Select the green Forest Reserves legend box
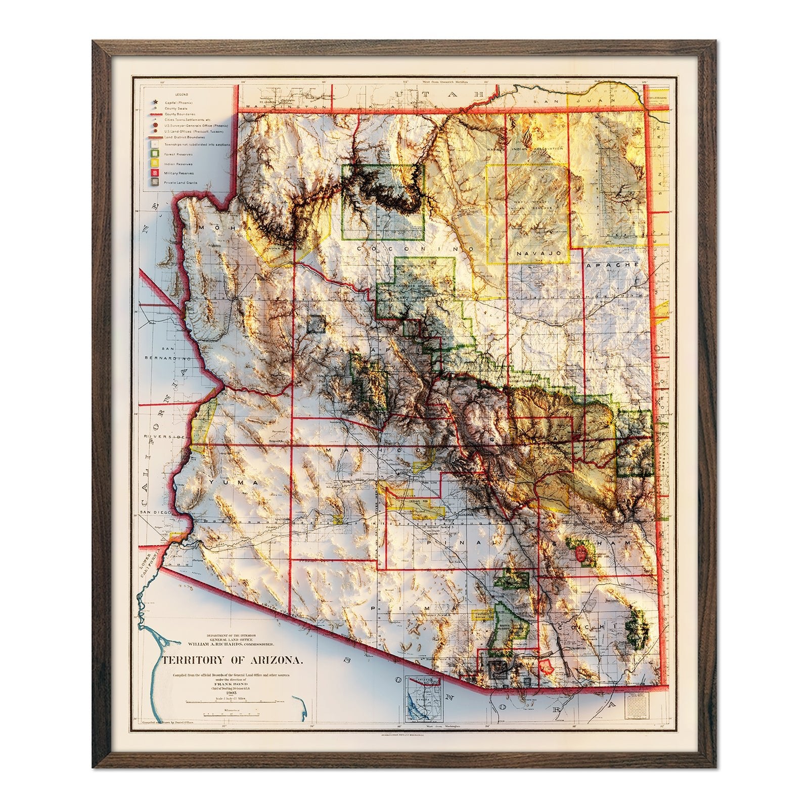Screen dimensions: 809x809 pos(152,154)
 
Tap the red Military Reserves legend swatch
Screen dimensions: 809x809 pos(152,173)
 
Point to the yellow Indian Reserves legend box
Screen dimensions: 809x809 pos(152,163)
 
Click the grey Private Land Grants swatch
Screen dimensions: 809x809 pos(152,183)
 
